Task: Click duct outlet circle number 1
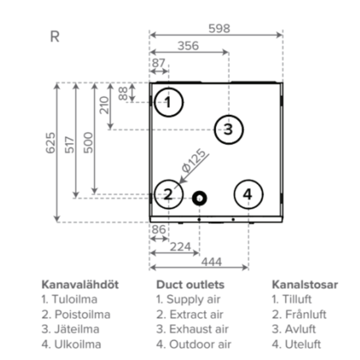tap(168, 102)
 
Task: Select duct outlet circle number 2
tap(168, 193)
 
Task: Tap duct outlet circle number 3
tap(228, 130)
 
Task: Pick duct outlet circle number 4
tap(248, 193)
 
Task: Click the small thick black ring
tap(200, 198)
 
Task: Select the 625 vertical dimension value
tap(51, 143)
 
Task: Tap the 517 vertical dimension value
tap(69, 143)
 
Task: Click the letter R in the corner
tap(54, 37)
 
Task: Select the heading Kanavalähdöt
tap(80, 285)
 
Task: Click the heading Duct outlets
tap(190, 285)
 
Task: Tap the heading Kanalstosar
tap(305, 285)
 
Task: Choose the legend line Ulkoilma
tap(71, 345)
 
